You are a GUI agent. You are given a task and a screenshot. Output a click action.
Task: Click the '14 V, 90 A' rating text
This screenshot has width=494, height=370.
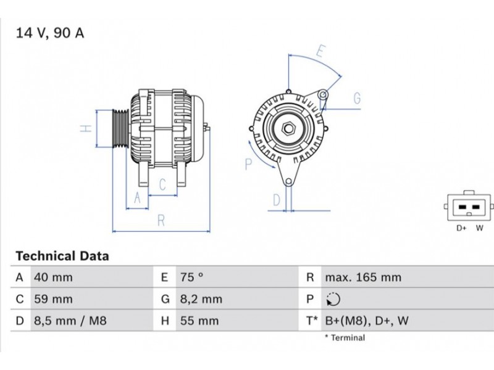(x=50, y=33)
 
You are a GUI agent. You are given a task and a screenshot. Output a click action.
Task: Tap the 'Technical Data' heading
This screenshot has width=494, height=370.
(x=62, y=256)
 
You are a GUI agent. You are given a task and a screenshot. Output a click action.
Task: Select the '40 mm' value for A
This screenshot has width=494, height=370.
(x=53, y=277)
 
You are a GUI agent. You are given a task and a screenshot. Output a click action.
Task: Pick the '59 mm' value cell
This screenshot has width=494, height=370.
(x=53, y=299)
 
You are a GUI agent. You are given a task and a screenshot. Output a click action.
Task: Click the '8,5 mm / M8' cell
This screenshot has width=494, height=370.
(x=70, y=321)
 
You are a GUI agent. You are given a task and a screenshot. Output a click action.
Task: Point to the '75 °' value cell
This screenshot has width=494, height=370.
(x=192, y=277)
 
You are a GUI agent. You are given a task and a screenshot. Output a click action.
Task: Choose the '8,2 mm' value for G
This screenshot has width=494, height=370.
(x=201, y=299)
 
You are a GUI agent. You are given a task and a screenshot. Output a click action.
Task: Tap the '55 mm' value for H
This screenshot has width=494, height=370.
(x=199, y=321)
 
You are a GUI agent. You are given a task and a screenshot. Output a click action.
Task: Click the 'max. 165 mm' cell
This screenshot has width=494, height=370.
(x=363, y=277)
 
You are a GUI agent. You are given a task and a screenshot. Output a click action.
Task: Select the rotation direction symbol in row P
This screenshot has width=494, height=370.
(x=333, y=299)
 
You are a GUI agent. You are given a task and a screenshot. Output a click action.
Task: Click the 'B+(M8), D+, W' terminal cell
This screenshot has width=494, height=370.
(x=367, y=321)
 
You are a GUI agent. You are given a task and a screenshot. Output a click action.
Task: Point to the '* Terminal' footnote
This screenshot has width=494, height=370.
(x=345, y=338)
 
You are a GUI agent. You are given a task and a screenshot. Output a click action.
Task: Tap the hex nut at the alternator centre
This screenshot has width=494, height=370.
(x=288, y=128)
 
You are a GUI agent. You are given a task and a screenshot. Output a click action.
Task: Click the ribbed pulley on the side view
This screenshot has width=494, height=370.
(x=120, y=128)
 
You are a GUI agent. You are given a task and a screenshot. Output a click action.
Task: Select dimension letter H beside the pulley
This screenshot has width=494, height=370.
(x=86, y=128)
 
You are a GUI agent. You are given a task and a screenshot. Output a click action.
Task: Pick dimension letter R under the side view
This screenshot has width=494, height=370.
(x=161, y=221)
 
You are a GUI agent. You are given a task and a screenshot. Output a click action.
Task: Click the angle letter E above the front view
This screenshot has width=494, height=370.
(x=320, y=51)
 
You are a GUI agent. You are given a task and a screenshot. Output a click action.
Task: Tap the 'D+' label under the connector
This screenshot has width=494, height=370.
(x=461, y=228)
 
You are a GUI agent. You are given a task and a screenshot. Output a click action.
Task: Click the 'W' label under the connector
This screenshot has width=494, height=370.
(x=480, y=228)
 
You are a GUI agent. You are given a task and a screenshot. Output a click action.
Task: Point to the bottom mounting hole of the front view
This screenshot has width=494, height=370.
(x=288, y=182)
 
